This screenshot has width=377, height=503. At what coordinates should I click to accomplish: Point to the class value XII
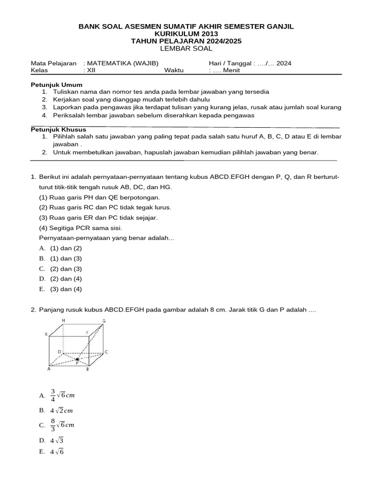[x=92, y=70]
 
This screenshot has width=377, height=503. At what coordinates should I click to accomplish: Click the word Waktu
[x=174, y=70]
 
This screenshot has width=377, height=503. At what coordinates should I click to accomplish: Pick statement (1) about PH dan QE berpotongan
[x=99, y=197]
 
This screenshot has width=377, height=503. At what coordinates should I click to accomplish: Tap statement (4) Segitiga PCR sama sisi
[x=81, y=228]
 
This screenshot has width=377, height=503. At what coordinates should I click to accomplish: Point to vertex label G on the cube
[x=104, y=321]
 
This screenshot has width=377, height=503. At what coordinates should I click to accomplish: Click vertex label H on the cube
[x=63, y=321]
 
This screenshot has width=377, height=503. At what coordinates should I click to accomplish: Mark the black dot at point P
[x=77, y=360]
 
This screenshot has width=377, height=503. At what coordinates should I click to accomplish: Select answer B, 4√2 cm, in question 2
[x=61, y=410]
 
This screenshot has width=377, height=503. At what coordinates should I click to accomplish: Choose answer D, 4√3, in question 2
[x=57, y=440]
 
